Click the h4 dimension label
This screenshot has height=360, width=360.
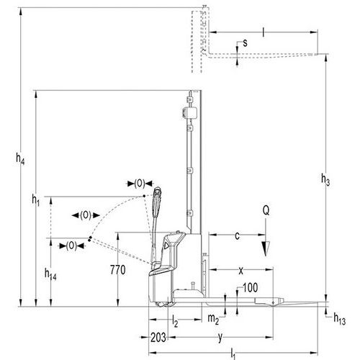[20, 159]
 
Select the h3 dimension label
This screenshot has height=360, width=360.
[325, 180]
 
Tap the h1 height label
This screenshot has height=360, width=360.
[36, 200]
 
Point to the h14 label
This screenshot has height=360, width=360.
[50, 274]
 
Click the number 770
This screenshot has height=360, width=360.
[118, 270]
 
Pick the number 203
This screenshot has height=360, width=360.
[158, 338]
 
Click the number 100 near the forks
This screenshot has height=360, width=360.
[251, 288]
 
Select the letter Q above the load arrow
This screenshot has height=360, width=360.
[266, 211]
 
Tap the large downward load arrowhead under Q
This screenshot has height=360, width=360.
[266, 249]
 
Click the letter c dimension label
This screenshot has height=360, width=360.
[237, 236]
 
